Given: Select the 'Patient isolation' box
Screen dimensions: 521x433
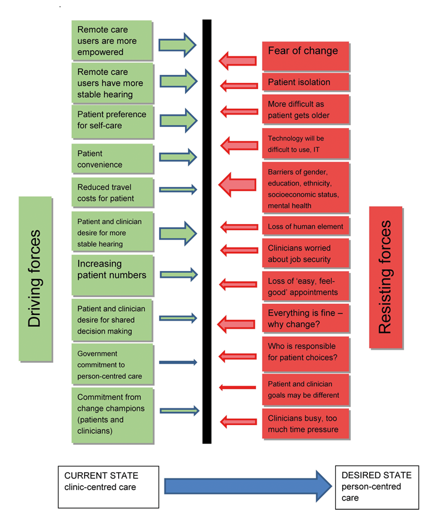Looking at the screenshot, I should click(x=306, y=82).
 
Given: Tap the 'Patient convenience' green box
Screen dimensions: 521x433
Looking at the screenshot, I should click(x=111, y=158).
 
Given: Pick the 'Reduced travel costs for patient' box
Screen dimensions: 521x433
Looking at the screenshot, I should click(x=111, y=192).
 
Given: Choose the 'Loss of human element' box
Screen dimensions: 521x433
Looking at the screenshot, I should click(x=306, y=226).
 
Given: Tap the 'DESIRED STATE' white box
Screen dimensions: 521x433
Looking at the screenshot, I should click(x=376, y=486).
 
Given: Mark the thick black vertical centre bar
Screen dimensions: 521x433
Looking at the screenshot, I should click(x=207, y=232).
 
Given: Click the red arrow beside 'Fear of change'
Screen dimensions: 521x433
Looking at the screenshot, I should click(x=238, y=60).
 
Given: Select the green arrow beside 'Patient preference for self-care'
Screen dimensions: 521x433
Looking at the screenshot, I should click(x=178, y=120).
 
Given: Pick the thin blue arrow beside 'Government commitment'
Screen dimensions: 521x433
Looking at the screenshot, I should click(x=178, y=362).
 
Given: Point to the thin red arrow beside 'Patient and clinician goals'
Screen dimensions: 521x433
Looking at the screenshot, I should click(x=238, y=388).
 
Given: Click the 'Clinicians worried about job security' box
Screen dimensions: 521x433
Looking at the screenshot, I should click(x=306, y=254).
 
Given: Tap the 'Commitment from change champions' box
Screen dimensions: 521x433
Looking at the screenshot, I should click(x=111, y=415).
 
